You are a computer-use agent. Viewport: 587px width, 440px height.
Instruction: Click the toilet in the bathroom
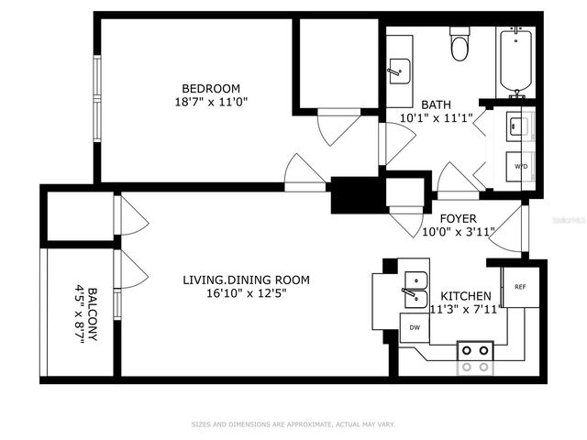click(x=460, y=44)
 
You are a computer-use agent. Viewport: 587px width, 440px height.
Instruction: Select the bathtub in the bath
click(x=516, y=62)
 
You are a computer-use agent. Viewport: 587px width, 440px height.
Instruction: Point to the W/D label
click(x=520, y=167)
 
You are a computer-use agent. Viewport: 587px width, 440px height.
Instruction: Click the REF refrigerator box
click(x=519, y=287)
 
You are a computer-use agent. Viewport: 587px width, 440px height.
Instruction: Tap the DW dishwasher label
click(x=415, y=327)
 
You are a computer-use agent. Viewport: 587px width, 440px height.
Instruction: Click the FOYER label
click(x=458, y=218)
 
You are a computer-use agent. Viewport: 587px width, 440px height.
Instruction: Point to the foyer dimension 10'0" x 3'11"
click(x=458, y=232)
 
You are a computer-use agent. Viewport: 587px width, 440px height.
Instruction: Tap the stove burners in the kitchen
click(x=475, y=357)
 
